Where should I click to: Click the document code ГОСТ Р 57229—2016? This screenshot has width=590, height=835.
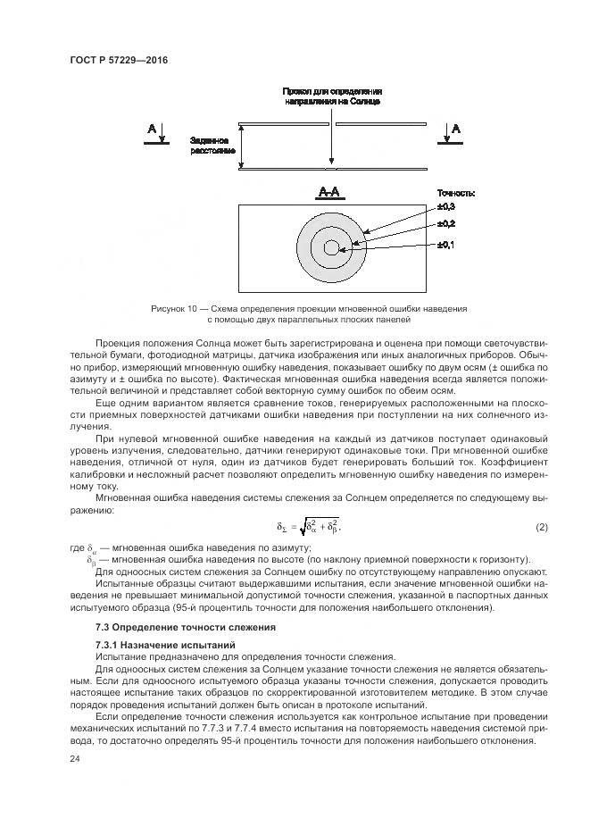click(x=118, y=60)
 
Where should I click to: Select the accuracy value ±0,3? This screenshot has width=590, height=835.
click(x=446, y=207)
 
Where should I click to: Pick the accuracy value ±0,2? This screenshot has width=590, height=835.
click(x=446, y=223)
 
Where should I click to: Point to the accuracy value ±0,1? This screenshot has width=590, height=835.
click(x=446, y=245)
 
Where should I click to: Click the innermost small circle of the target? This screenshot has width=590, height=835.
click(x=331, y=246)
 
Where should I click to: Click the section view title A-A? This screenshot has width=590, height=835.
click(x=331, y=192)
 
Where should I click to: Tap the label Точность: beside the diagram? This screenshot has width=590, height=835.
click(x=455, y=192)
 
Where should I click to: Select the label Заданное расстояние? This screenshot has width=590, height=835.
click(x=211, y=146)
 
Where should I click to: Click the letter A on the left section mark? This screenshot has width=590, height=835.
click(x=152, y=130)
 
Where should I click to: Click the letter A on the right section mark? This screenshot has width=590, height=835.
click(x=456, y=130)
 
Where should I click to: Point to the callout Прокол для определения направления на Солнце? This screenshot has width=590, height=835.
click(x=332, y=96)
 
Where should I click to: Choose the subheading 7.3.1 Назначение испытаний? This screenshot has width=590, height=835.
click(x=153, y=645)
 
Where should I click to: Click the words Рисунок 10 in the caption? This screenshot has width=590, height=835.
click(x=174, y=308)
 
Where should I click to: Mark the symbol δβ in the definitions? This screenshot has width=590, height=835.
click(x=92, y=559)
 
